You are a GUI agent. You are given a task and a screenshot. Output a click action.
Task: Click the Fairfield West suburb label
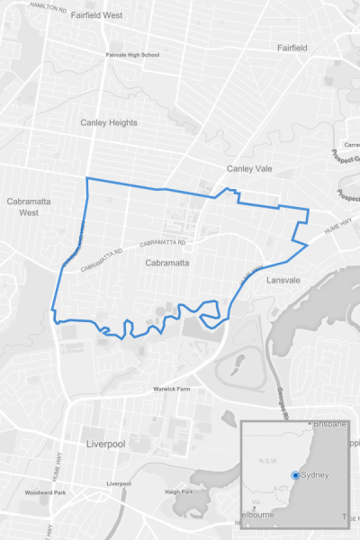click(96, 15)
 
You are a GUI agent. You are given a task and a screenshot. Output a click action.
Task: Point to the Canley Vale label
click(248, 169)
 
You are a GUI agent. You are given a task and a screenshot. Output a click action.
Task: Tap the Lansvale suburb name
click(285, 281)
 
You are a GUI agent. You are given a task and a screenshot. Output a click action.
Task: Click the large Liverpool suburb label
click(105, 445)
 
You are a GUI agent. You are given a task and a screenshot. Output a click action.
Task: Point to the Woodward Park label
click(46, 493)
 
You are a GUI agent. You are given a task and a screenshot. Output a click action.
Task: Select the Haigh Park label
click(179, 491)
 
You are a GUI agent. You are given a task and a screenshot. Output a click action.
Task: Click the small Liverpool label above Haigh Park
click(119, 484)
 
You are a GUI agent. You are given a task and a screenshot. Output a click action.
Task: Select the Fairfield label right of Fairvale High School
click(293, 47)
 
